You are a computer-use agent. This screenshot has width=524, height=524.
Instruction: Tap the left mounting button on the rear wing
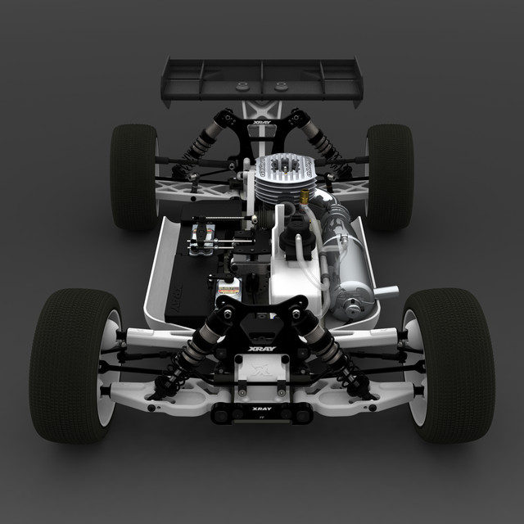(242, 85)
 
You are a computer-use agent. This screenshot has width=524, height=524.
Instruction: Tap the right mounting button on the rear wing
(281, 85)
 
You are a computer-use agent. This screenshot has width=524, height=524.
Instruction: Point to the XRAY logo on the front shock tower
(262, 348)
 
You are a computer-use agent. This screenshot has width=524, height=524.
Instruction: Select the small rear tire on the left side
(133, 176)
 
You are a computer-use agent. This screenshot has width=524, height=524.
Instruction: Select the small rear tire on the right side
(391, 176)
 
